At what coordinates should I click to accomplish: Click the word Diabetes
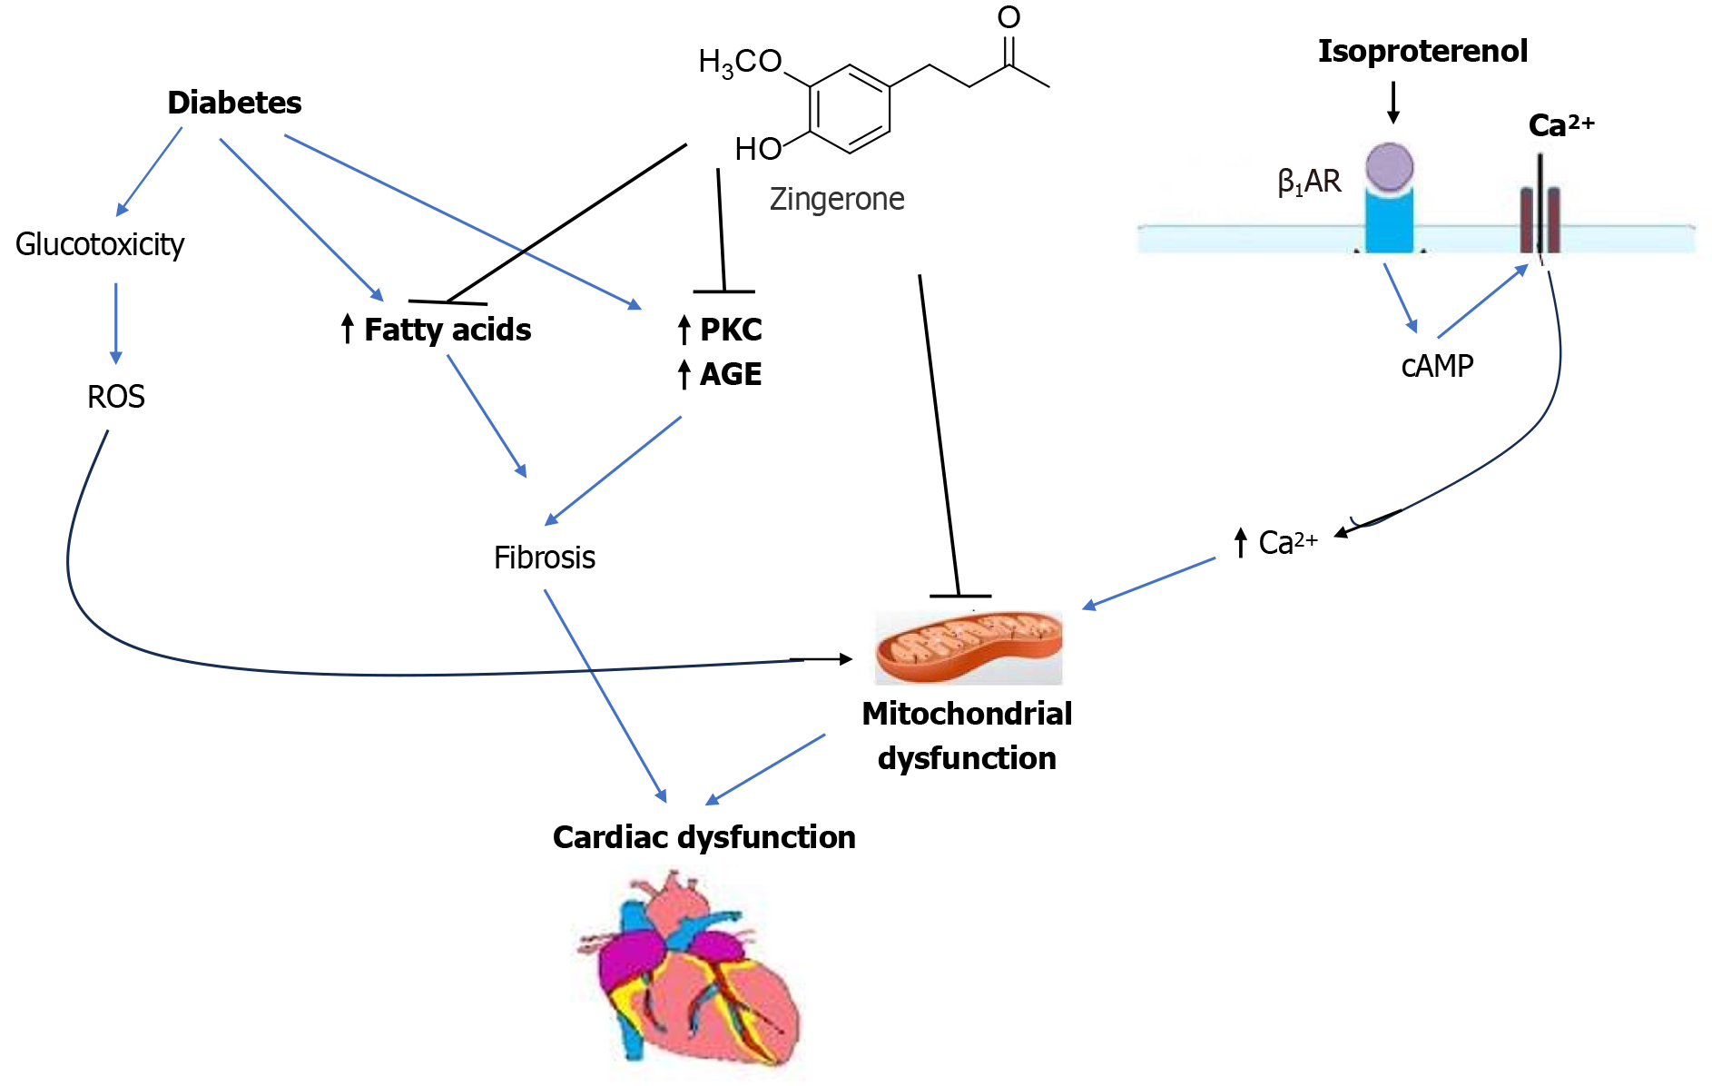(x=234, y=103)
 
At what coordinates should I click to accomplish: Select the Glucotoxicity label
(x=100, y=244)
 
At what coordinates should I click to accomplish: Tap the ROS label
(x=116, y=397)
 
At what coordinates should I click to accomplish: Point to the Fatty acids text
(x=447, y=330)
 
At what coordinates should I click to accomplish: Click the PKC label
(x=730, y=330)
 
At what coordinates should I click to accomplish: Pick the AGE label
(x=730, y=374)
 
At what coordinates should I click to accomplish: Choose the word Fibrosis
(x=545, y=558)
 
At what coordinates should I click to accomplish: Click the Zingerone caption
(x=837, y=199)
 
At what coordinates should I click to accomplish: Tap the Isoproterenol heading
(x=1422, y=51)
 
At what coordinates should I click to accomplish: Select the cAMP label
(x=1437, y=366)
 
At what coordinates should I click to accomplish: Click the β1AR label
(x=1309, y=182)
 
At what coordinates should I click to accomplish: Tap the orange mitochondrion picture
(x=969, y=647)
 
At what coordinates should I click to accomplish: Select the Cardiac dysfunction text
(x=704, y=837)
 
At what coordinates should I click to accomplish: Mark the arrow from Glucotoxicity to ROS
(x=115, y=323)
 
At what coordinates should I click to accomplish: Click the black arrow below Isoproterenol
(x=1393, y=102)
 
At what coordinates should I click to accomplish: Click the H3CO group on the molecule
(x=740, y=62)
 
